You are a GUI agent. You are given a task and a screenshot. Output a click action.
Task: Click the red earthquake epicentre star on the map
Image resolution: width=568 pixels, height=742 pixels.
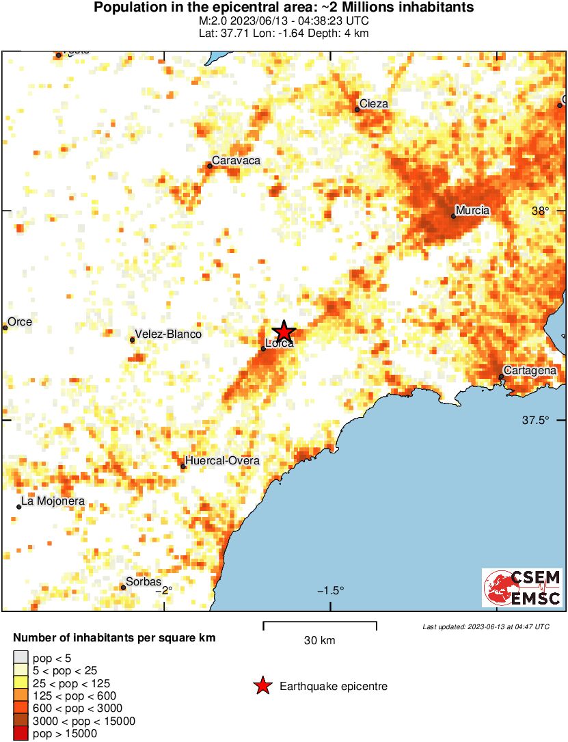(x=283, y=332)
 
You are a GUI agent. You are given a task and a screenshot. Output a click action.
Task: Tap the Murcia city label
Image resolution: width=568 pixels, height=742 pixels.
(x=472, y=210)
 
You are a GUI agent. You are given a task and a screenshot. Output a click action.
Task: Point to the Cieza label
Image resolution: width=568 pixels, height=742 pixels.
(x=374, y=104)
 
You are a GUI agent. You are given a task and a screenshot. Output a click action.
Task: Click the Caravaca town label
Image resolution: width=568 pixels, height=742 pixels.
(x=236, y=160)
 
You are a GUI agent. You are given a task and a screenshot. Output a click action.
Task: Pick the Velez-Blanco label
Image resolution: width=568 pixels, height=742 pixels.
(x=168, y=334)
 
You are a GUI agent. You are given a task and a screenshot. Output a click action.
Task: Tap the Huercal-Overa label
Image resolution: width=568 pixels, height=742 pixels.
(x=222, y=461)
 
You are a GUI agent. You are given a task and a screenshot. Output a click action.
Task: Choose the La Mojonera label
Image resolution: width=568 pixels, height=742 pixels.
(x=53, y=501)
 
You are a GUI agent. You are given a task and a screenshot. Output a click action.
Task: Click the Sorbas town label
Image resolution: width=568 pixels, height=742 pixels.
(x=144, y=582)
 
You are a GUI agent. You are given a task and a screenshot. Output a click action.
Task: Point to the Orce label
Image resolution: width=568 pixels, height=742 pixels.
(x=20, y=322)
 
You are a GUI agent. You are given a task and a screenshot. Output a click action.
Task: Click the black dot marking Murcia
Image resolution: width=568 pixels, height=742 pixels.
(x=453, y=216)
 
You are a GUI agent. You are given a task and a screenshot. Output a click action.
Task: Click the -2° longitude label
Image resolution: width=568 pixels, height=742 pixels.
(x=164, y=591)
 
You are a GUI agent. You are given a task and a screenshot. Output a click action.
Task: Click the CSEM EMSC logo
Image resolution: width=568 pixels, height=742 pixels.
(x=522, y=587)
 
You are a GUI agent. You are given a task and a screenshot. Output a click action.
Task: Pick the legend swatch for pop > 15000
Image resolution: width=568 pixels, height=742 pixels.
(x=21, y=733)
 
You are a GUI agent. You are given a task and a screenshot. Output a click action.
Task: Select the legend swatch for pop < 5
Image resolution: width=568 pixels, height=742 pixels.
(x=21, y=659)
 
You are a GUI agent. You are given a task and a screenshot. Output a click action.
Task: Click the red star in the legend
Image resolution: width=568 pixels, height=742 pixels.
(x=262, y=686)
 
